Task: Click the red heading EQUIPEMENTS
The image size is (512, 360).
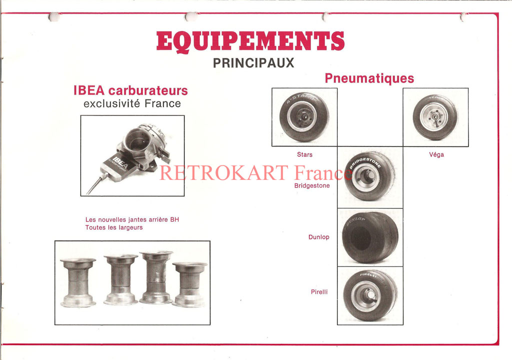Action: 250,41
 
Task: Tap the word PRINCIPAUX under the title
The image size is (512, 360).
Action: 253,63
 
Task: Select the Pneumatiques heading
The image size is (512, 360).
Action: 369,78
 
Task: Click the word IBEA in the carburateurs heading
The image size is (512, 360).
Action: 89,90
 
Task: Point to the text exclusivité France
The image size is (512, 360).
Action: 132,103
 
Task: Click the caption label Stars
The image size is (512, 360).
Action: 304,154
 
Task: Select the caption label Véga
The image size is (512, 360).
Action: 436,154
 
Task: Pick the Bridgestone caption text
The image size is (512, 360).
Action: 312,185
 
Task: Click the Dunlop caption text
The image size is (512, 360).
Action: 318,237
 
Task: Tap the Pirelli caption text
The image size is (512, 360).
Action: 319,292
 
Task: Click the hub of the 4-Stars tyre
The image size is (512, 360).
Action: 302,117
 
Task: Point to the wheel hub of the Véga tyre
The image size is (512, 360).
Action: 434,116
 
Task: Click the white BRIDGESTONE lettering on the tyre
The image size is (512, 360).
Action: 364,162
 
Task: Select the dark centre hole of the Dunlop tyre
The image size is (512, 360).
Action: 360,237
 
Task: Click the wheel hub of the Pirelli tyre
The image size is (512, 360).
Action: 366,296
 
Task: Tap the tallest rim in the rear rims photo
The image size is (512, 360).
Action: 156,277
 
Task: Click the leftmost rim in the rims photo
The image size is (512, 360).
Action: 78,282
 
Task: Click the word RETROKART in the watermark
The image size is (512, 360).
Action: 223,173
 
